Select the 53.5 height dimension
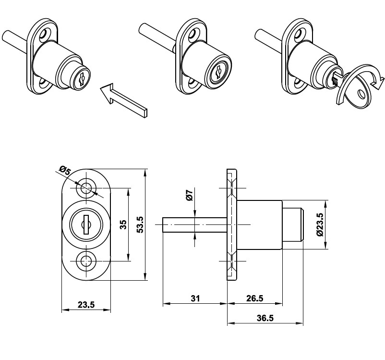[x=140, y=224]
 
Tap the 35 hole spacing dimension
[x=123, y=225]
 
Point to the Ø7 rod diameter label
[x=189, y=196]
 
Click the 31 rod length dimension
[x=195, y=298]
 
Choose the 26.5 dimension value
[x=254, y=298]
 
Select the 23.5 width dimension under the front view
[x=85, y=305]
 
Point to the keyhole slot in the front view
[x=86, y=224]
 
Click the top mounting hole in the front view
[x=86, y=188]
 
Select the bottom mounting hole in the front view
[x=86, y=261]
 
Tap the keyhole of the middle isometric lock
[x=219, y=73]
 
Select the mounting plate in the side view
[x=231, y=224]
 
